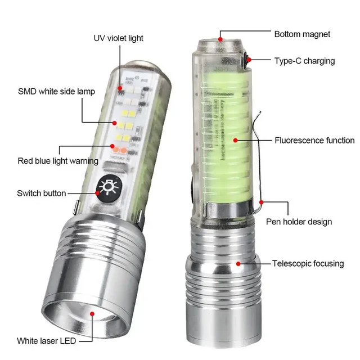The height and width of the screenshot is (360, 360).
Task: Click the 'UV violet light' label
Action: [118, 38]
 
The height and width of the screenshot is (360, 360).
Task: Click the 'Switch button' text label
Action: [42, 193]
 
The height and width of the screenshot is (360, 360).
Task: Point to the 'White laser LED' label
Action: [46, 340]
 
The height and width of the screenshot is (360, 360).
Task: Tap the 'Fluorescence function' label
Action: [314, 141]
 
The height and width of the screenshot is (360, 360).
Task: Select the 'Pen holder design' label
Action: [299, 222]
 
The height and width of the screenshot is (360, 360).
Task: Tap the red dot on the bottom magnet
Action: [221, 39]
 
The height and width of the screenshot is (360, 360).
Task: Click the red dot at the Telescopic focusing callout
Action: [238, 263]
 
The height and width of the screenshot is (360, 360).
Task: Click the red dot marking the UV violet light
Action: [120, 87]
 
